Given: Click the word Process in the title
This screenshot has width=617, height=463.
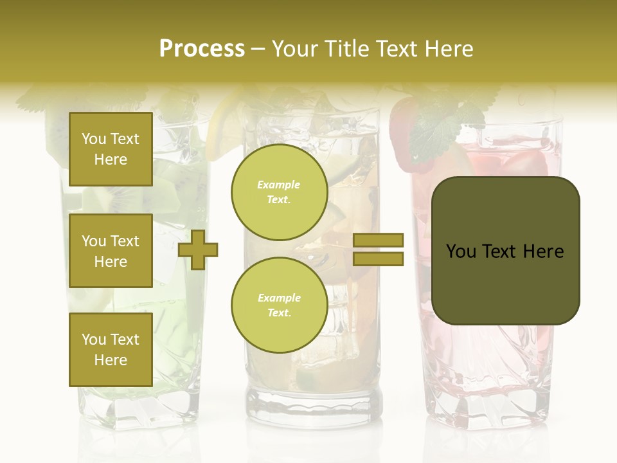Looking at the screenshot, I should [202, 49].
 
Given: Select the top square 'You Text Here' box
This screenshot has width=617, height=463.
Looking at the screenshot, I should [111, 149].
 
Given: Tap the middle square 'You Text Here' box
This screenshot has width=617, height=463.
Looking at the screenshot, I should [111, 251].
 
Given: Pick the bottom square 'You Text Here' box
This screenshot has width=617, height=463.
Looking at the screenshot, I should [111, 350].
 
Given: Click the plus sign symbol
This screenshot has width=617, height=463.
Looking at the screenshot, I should [198, 250].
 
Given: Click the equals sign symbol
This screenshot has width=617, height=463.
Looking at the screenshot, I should [378, 250].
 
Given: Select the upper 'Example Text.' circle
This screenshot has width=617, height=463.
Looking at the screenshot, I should [279, 192].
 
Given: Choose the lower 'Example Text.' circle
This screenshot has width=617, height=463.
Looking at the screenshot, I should [279, 305].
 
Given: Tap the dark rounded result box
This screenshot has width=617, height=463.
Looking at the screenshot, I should [505, 251].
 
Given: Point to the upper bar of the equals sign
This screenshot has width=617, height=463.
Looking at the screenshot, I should [378, 241].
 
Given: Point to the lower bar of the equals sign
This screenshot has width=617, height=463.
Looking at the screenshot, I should [378, 259].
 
